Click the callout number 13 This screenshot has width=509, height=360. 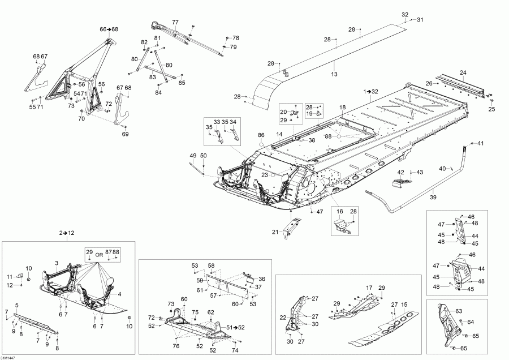[x=334, y=74]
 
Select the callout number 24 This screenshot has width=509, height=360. [x=463, y=72]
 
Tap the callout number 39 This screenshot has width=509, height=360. [x=434, y=198]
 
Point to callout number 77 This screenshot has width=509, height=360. [x=175, y=22]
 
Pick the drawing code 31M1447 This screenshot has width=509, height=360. [x=8, y=357]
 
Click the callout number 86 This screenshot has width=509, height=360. [x=261, y=135]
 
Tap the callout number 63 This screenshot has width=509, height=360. [x=459, y=311]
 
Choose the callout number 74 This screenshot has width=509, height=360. [x=235, y=351]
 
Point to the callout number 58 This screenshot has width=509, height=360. [x=211, y=265]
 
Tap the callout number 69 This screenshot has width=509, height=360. [x=126, y=134]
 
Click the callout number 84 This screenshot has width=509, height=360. [x=158, y=92]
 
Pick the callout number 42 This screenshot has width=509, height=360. [x=400, y=172]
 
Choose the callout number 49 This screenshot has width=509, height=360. [x=192, y=156]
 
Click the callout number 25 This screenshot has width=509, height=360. [x=491, y=109]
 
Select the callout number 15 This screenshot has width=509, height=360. [x=404, y=305]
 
